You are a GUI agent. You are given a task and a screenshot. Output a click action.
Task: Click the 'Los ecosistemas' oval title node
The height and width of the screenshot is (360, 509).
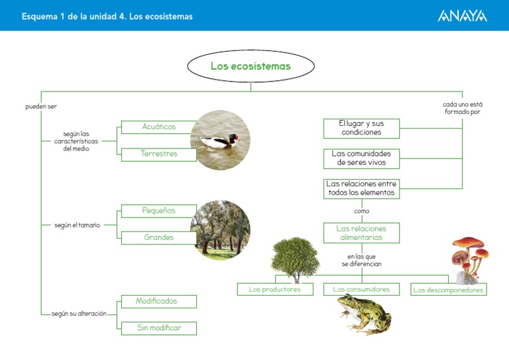(x=251, y=66)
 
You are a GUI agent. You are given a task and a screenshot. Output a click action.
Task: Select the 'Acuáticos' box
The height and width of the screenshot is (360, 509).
(x=159, y=127)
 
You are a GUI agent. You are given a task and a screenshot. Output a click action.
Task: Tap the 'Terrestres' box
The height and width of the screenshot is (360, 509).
(x=159, y=154)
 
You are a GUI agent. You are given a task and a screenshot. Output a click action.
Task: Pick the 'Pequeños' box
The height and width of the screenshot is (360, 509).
(x=159, y=211)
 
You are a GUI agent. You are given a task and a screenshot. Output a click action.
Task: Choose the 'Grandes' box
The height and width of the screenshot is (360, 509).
(x=159, y=237)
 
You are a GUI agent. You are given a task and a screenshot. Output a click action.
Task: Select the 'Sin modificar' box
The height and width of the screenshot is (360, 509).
(x=159, y=328)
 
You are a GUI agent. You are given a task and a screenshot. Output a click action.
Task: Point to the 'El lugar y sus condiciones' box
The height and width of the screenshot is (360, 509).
(x=361, y=127)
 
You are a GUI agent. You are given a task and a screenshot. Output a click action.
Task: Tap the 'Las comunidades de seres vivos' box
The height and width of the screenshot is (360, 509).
(x=361, y=158)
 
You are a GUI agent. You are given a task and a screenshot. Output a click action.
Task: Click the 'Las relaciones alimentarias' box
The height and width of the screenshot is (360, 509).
(x=361, y=233)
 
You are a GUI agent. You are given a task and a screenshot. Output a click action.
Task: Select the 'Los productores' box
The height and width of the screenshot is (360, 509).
(x=274, y=290)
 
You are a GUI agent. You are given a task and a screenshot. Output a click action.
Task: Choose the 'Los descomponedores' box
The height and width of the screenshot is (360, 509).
(x=448, y=290)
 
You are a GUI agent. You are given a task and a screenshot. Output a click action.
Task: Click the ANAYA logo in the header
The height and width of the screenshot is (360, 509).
(x=462, y=16)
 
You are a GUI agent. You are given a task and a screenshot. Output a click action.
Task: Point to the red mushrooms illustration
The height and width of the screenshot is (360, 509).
(x=470, y=257)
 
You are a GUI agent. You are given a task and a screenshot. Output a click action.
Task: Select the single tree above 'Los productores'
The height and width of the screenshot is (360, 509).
(x=295, y=259)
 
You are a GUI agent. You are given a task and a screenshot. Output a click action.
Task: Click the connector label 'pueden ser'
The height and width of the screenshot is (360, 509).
(x=36, y=106)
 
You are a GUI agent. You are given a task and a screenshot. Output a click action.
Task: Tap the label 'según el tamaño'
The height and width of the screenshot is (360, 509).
(x=77, y=225)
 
